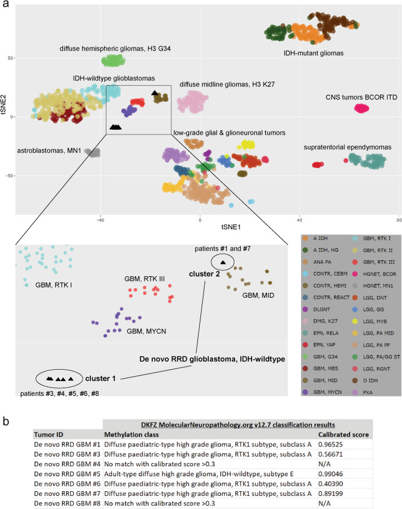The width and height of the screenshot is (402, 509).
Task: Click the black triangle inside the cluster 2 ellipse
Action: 222,262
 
